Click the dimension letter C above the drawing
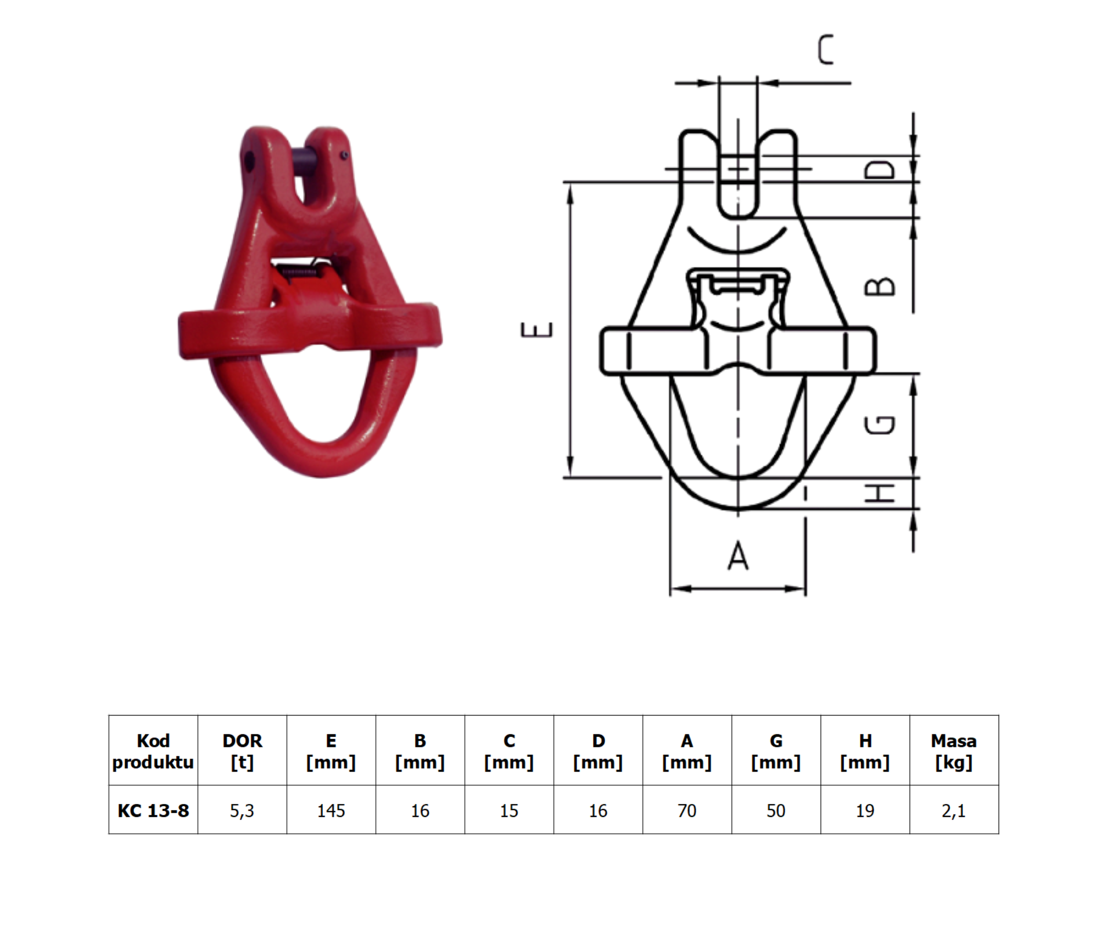[826, 50]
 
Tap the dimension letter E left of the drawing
[536, 330]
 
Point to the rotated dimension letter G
[880, 424]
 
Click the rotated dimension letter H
[880, 494]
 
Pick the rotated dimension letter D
[880, 170]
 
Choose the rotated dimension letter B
[880, 286]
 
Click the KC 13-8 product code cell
[153, 810]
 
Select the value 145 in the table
[331, 810]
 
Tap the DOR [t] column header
[242, 752]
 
